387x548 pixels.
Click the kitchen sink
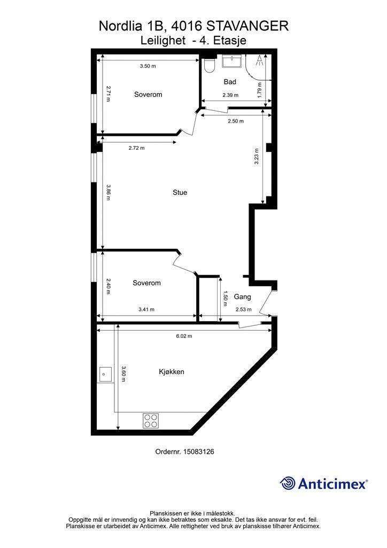pos(105,374)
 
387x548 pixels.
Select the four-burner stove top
pos(151,420)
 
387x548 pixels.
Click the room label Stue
pos(180,192)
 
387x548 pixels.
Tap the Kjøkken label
pos(172,371)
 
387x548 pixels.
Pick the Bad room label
pos(230,82)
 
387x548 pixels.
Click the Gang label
pos(242,296)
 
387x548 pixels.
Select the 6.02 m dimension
pos(184,336)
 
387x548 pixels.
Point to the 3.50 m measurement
pos(148,66)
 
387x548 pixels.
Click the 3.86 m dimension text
pos(108,193)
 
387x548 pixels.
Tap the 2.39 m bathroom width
pos(231,95)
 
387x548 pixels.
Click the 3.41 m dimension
pos(146,309)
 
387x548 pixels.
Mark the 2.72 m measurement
pos(136,148)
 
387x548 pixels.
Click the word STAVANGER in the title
pos(247,26)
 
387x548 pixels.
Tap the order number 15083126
pos(198,452)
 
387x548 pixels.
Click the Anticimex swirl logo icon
pos(288,483)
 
